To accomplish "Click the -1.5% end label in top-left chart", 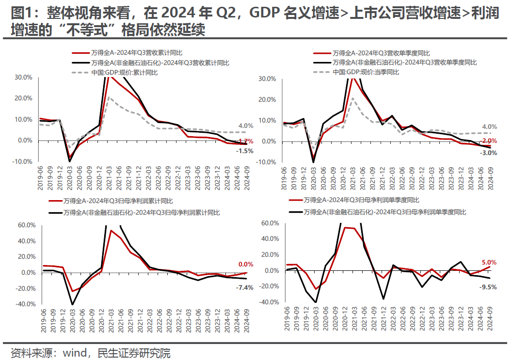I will (x=244, y=151).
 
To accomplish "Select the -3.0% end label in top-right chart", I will (x=488, y=153).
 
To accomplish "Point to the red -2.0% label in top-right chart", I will (x=488, y=141).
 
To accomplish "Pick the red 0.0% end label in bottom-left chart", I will (x=246, y=264).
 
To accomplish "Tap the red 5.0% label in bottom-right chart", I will (x=488, y=262).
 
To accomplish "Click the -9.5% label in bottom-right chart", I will (x=488, y=286).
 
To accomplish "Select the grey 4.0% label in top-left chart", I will (x=245, y=126).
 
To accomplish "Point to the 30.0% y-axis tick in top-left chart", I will (x=23, y=77).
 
